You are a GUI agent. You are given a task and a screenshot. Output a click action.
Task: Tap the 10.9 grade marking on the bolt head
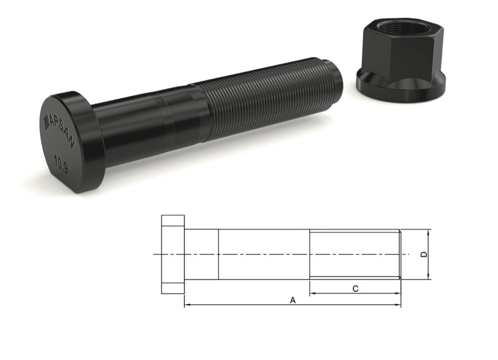tap(61, 160)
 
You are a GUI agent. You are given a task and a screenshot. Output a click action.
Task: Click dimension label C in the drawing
tap(355, 288)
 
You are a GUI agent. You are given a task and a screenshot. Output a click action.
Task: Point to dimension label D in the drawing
tap(424, 254)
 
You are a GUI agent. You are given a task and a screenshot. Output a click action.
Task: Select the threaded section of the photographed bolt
tap(264, 100)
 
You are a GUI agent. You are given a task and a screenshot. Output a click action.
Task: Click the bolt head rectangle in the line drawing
tap(173, 254)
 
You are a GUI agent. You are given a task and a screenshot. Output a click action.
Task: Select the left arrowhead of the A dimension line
tap(187, 305)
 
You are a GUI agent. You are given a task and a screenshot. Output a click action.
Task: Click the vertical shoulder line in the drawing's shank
tap(218, 254)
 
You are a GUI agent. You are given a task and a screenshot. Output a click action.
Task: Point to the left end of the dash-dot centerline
tap(154, 254)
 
